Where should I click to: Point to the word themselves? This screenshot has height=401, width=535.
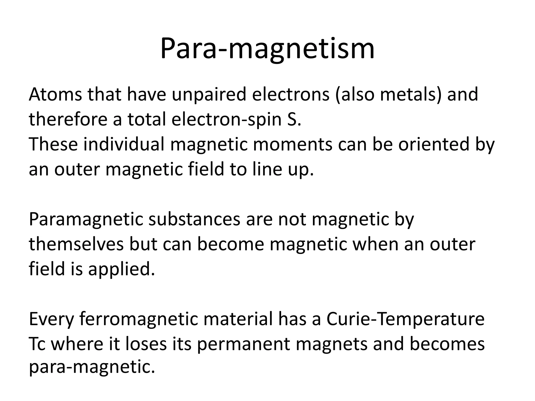[x=76, y=244]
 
